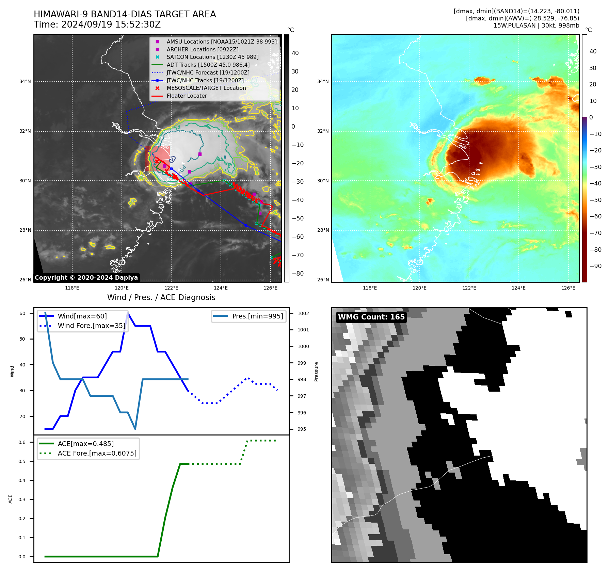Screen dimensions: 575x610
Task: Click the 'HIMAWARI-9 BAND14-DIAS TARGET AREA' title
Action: (125, 14)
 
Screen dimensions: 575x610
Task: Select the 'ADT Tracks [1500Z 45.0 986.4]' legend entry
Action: (208, 65)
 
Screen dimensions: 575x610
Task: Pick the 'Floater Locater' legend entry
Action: (187, 96)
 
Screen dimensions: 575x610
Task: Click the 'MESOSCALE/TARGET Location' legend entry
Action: (206, 88)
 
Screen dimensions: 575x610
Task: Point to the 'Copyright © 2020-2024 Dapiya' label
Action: (86, 278)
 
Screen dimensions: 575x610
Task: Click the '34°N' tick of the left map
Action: (25, 82)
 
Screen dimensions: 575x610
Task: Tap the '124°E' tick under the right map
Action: (518, 288)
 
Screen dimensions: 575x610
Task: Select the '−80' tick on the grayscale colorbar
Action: (298, 274)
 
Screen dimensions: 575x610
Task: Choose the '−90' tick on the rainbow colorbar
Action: (595, 266)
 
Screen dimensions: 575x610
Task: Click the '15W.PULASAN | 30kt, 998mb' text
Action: (536, 26)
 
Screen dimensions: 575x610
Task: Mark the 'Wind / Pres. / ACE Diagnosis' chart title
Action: (161, 298)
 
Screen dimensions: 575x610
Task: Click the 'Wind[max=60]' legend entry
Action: (82, 316)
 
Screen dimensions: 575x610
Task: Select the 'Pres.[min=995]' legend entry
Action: (257, 316)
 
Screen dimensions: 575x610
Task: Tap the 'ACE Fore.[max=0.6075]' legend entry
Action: (97, 454)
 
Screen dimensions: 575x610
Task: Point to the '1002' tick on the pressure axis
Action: (303, 313)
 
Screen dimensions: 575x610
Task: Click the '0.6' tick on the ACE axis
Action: (22, 442)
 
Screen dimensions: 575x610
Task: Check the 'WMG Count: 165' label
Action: (371, 317)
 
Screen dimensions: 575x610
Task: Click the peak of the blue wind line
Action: (128, 313)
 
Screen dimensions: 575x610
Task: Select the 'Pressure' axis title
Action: (317, 372)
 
